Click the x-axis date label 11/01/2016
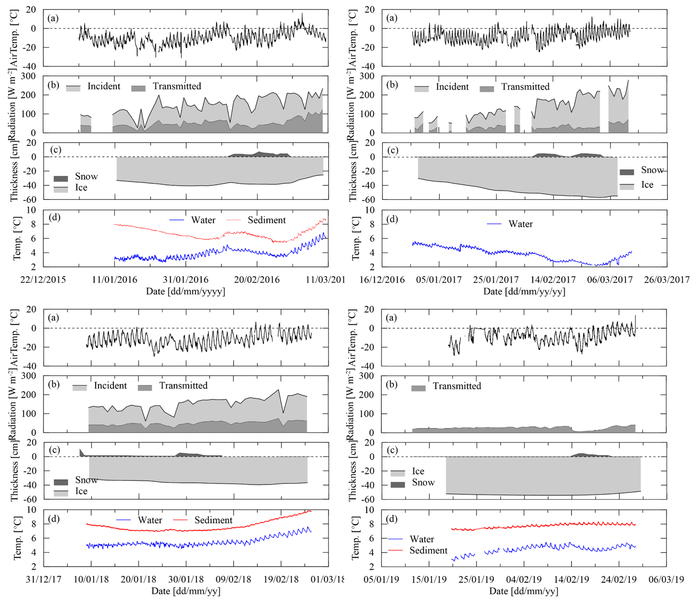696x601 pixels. (114, 280)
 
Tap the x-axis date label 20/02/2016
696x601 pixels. (257, 280)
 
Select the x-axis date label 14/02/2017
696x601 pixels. (553, 280)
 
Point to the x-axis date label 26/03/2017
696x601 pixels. (667, 280)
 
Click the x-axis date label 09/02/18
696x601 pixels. (234, 579)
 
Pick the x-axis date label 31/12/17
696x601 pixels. (43, 579)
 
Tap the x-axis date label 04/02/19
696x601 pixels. (523, 579)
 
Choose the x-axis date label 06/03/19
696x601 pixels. (666, 579)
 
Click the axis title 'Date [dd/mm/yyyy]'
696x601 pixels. (185, 291)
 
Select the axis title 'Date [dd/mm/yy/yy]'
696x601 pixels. (524, 291)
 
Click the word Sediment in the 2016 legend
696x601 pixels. (266, 220)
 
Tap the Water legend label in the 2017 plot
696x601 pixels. (520, 224)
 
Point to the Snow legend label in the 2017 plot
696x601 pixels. (652, 170)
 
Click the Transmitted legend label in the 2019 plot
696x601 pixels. (457, 386)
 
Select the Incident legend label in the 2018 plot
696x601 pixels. (110, 386)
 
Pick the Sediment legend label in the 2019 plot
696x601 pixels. (428, 550)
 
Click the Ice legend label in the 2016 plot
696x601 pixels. (81, 188)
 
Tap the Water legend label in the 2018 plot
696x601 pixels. (150, 520)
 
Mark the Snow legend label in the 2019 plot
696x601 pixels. (423, 482)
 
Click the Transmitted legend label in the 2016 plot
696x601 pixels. (177, 86)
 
